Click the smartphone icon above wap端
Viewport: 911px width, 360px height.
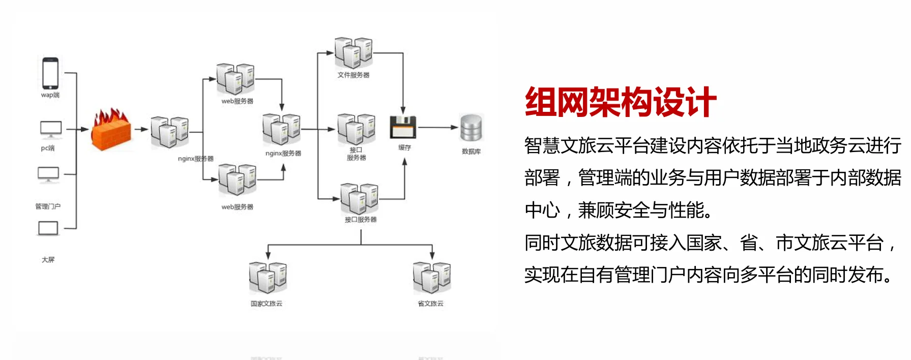point(50,73)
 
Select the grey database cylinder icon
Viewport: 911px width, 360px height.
point(471,128)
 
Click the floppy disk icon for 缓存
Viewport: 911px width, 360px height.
point(403,127)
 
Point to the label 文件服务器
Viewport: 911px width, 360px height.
point(354,75)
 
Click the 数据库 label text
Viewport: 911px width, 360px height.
point(471,152)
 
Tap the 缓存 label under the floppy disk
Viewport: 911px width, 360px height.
point(404,147)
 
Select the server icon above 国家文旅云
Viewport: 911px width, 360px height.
point(268,277)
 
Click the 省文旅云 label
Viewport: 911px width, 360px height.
point(430,304)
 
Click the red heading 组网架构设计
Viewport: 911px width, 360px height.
point(621,102)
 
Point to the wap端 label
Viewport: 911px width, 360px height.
point(50,95)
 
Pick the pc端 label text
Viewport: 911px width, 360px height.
point(48,148)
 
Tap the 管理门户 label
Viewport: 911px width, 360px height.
point(48,206)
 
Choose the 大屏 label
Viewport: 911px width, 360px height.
point(48,260)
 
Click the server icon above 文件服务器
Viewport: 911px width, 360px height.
point(354,52)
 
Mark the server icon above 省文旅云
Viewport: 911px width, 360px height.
point(432,277)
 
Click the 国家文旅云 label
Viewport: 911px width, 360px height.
point(266,304)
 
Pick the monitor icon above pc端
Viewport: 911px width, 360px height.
point(51,129)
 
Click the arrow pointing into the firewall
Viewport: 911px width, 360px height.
point(82,129)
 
